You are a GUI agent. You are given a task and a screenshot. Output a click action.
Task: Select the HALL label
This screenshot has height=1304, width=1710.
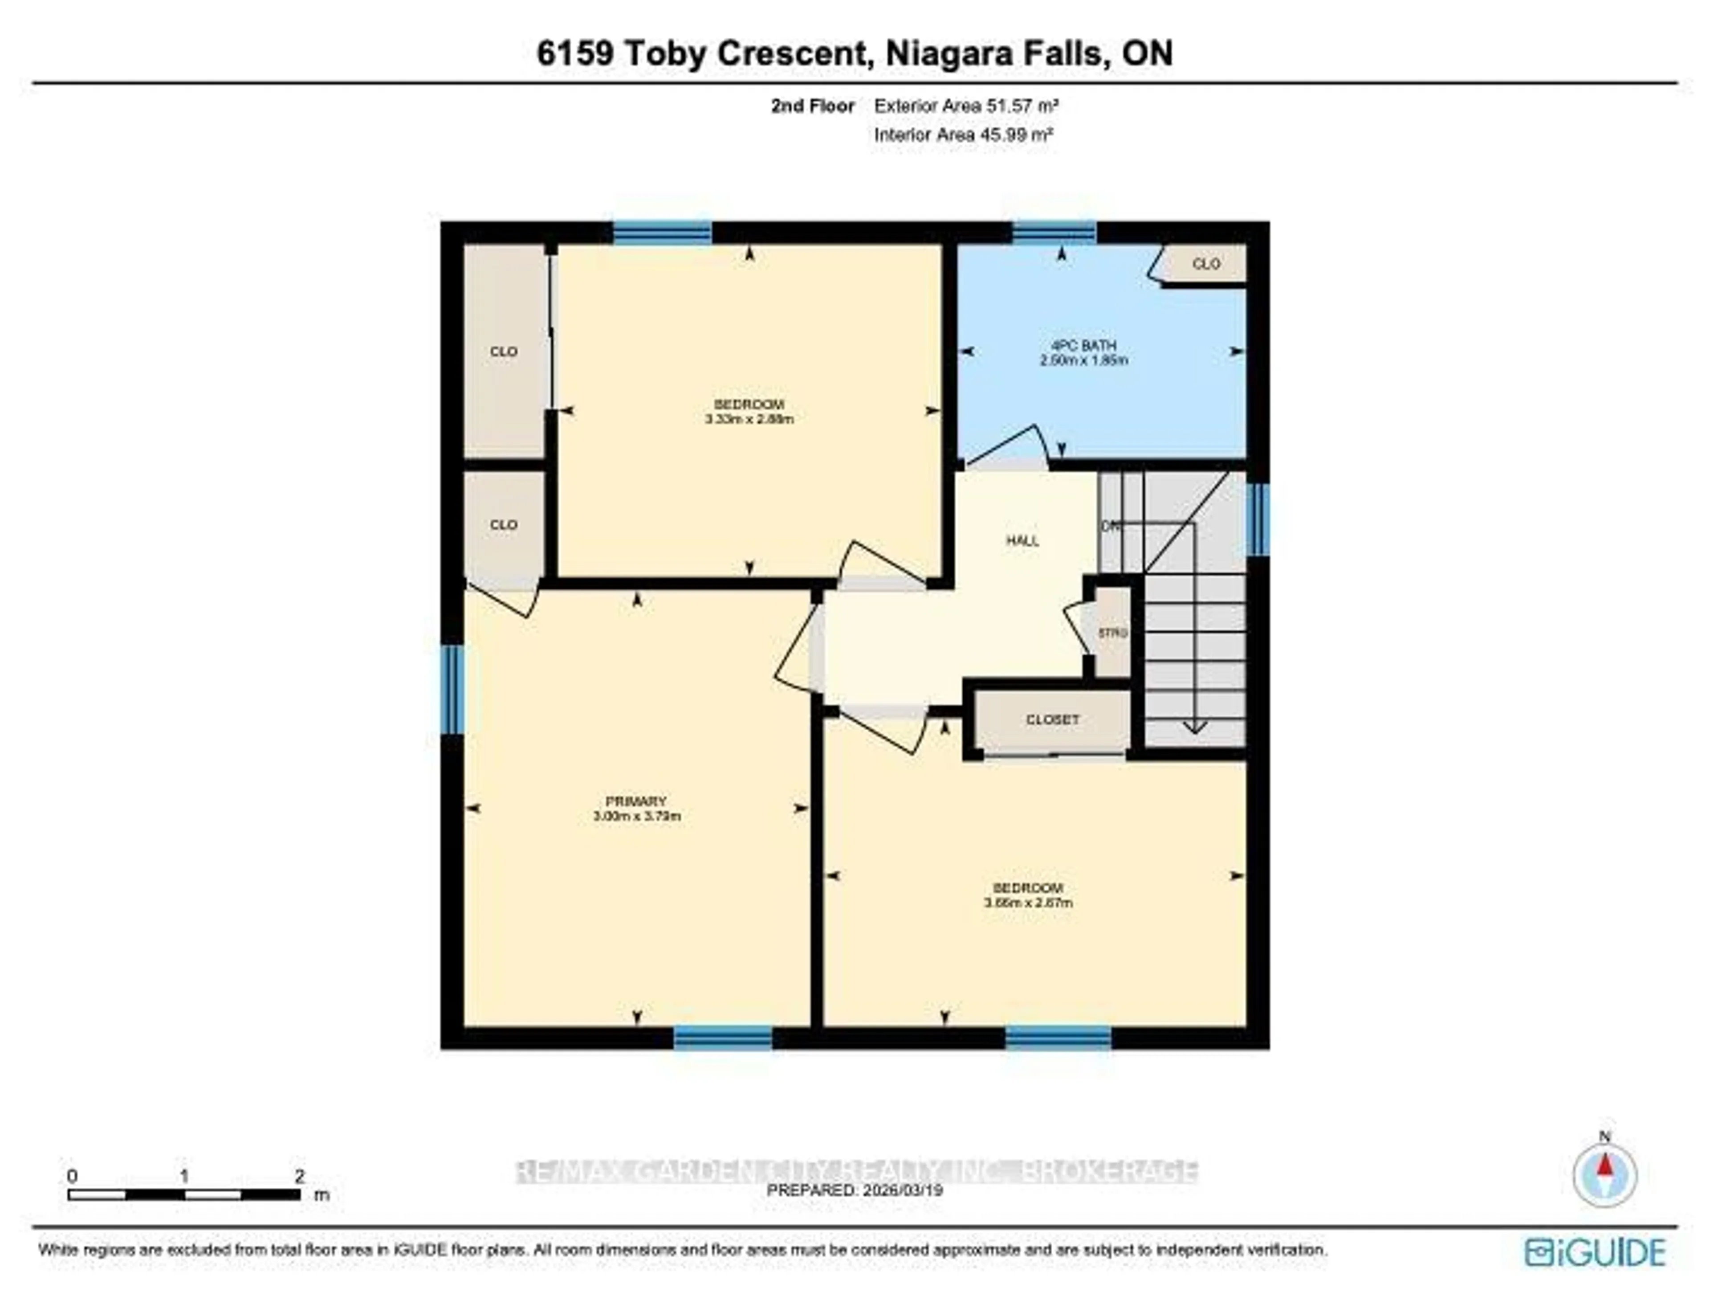tap(1022, 541)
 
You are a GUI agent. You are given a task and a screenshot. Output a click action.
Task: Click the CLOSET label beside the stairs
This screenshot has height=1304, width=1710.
tap(1052, 719)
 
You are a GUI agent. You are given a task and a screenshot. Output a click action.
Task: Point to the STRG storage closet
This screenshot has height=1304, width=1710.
tap(1112, 633)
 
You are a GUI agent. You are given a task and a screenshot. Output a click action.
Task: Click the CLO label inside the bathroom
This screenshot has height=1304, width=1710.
tap(1206, 264)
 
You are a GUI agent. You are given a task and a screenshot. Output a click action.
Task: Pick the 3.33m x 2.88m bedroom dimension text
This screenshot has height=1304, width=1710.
tap(749, 419)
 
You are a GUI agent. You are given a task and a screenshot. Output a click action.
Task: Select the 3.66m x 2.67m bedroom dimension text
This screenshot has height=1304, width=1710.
tap(1028, 903)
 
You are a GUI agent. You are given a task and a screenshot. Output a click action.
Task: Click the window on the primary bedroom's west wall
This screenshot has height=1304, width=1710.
tap(452, 689)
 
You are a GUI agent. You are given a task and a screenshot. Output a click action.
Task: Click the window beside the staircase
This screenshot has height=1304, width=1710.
tap(1258, 519)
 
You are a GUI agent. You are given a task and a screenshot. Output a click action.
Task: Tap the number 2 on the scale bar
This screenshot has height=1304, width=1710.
tap(300, 1176)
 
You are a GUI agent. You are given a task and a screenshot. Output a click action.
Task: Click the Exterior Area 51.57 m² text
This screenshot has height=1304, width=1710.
tap(966, 106)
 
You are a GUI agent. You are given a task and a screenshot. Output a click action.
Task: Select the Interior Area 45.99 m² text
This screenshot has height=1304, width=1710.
tap(963, 134)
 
